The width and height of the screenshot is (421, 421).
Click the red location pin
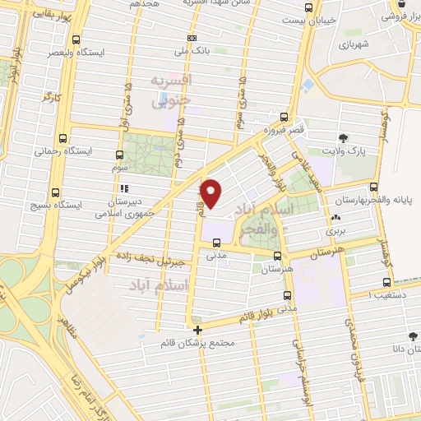click(x=211, y=193)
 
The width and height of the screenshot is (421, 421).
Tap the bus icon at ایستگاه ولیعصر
click(x=76, y=39)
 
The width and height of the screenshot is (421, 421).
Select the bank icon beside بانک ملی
click(x=192, y=37)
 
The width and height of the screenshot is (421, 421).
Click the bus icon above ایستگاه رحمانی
click(x=63, y=138)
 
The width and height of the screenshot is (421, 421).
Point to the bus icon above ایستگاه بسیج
click(x=55, y=187)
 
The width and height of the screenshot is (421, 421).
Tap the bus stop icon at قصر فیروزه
click(x=285, y=117)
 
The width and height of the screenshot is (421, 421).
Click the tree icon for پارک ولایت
click(x=343, y=137)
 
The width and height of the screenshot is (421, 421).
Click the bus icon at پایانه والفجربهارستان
click(x=374, y=187)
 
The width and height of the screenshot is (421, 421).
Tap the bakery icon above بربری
click(x=335, y=218)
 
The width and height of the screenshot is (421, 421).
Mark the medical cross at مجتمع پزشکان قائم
click(x=197, y=330)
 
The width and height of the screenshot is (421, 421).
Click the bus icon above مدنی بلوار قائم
click(x=286, y=294)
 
